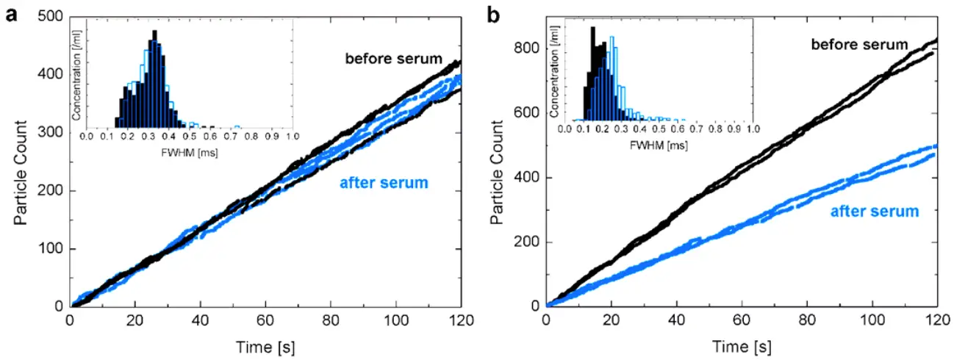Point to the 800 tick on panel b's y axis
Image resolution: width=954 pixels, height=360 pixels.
tap(528, 48)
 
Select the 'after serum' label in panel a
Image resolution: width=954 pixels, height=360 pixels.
tap(383, 183)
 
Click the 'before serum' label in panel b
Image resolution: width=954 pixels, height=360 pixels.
tap(859, 44)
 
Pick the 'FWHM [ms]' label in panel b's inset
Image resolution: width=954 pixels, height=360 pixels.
tap(659, 145)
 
